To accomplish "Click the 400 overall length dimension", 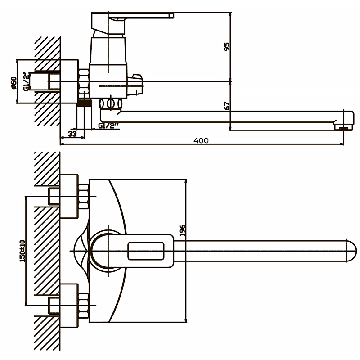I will pos(201,140).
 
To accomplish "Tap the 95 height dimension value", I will pos(227,47).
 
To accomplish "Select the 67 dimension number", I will pos(227,105).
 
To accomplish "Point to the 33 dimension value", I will pos(72,134).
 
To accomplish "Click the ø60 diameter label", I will pos(14,83).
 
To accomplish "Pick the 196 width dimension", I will pos(182,230).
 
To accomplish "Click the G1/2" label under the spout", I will pos(108,126).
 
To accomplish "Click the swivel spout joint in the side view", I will pos(111,104).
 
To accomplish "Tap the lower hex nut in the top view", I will pos(83,304).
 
